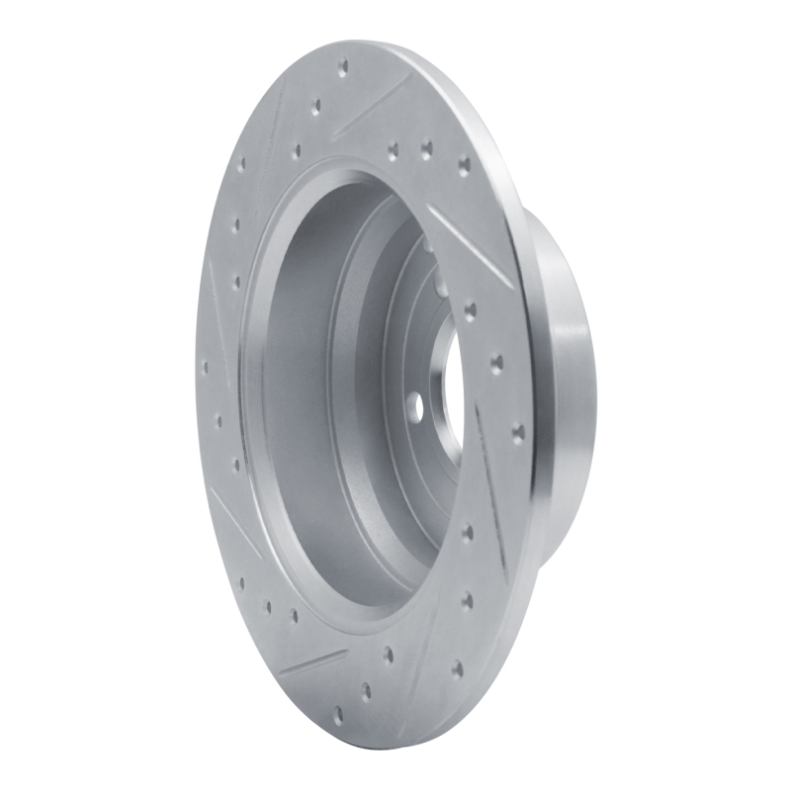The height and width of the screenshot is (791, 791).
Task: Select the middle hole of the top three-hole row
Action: coord(426,149)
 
